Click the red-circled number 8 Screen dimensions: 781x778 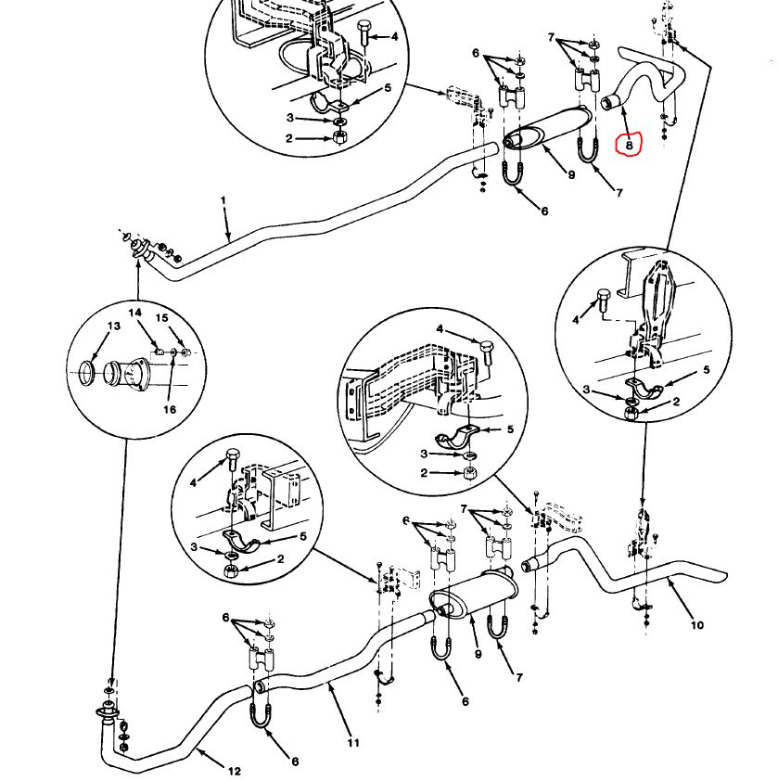pyautogui.click(x=630, y=144)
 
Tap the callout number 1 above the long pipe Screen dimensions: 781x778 pyautogui.click(x=223, y=200)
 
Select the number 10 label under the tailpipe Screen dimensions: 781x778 pyautogui.click(x=696, y=624)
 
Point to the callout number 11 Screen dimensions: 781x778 pyautogui.click(x=352, y=742)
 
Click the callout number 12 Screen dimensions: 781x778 pyautogui.click(x=234, y=771)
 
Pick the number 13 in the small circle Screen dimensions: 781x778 pyautogui.click(x=114, y=326)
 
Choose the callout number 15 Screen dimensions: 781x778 pyautogui.click(x=161, y=318)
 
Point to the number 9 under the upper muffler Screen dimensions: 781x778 pyautogui.click(x=571, y=173)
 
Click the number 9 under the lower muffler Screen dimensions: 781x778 pyautogui.click(x=478, y=655)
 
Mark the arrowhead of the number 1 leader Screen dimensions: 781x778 pyautogui.click(x=231, y=240)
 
